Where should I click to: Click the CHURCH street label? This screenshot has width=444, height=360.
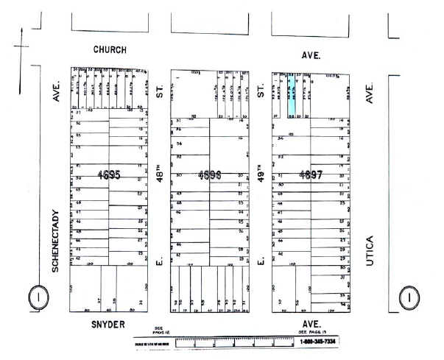[110, 49]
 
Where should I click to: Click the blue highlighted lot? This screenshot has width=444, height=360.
[292, 94]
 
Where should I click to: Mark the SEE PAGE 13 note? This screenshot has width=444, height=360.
[312, 332]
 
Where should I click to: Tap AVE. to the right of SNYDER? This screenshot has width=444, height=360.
[311, 323]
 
